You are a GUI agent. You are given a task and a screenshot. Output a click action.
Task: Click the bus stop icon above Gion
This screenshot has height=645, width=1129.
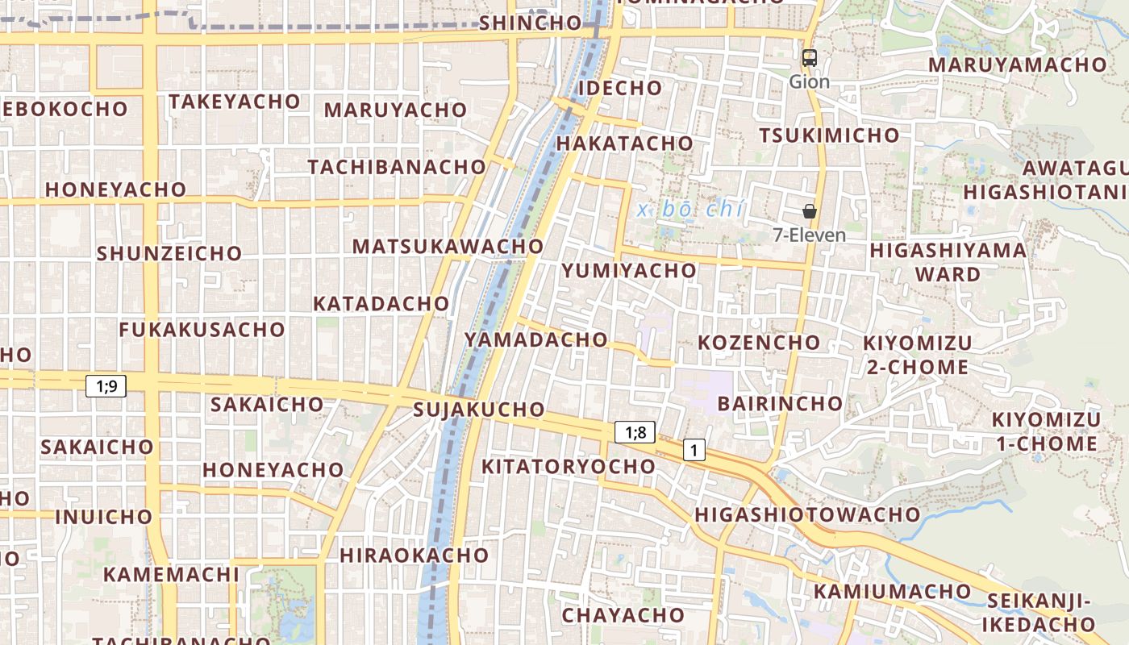tap(809, 58)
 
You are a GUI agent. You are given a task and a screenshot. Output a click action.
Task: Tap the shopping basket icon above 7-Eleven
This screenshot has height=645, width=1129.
tap(810, 211)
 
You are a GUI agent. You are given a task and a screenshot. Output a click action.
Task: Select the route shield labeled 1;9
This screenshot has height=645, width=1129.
tap(106, 386)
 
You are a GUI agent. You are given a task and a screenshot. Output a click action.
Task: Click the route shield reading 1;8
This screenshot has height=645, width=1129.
tap(635, 433)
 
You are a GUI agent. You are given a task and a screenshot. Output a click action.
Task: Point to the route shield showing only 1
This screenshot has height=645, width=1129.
tap(694, 450)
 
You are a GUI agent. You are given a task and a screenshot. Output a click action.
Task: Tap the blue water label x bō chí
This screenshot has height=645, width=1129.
tap(689, 210)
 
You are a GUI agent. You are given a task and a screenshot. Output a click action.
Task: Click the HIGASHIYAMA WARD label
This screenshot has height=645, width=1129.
tap(948, 262)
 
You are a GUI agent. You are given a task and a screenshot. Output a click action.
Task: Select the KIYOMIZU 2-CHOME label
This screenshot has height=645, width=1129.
tap(918, 355)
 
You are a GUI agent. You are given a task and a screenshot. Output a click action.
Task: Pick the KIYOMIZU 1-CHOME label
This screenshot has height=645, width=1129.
tap(1045, 431)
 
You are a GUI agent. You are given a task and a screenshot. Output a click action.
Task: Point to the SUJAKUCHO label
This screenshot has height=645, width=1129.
tap(479, 410)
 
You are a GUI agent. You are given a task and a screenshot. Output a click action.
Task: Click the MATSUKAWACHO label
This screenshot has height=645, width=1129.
tap(448, 246)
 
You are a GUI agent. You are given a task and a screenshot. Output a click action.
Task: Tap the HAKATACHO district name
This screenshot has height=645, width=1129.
tap(624, 144)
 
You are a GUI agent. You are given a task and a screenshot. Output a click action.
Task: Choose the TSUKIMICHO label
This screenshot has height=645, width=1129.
tap(829, 135)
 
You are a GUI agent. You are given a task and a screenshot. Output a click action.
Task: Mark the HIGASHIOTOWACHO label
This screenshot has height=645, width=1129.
tap(807, 514)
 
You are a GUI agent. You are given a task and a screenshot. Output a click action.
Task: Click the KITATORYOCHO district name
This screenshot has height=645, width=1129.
tap(569, 467)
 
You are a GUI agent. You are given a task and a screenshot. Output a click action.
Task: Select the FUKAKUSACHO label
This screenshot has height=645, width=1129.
tap(202, 329)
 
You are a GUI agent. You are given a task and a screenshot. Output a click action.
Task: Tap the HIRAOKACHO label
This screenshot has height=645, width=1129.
tap(414, 556)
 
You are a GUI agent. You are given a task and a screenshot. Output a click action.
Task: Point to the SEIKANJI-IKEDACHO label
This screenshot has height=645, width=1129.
tap(1039, 613)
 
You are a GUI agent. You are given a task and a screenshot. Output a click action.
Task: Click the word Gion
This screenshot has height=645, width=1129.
tap(809, 81)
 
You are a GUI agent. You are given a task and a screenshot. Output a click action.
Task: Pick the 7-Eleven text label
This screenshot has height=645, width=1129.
tap(809, 235)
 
